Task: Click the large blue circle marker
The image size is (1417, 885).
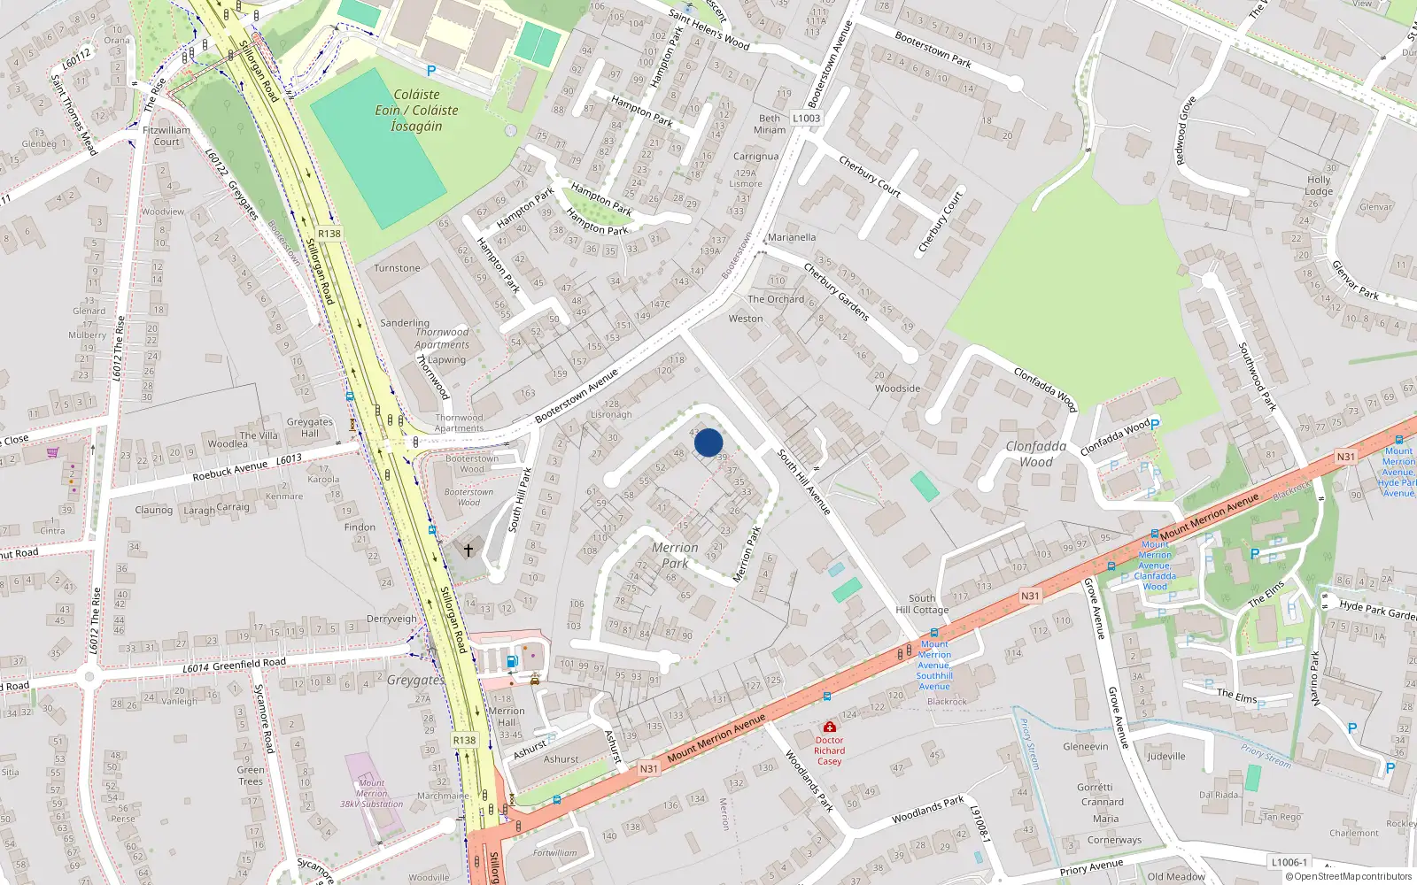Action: (708, 442)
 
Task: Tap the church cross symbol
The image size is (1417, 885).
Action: (468, 550)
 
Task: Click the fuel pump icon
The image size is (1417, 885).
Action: (512, 661)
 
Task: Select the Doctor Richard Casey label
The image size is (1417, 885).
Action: (829, 750)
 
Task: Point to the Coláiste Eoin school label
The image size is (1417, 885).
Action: (416, 110)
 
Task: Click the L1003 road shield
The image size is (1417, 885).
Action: (806, 118)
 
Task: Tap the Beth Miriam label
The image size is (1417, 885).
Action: (770, 124)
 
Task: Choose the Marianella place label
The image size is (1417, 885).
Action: (792, 237)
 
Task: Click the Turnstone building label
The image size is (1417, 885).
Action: (397, 268)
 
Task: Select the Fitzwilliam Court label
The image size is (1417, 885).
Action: (166, 135)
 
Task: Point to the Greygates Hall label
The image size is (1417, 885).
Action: (309, 427)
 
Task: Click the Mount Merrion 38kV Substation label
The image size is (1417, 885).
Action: (372, 794)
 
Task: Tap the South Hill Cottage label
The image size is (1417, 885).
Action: (922, 604)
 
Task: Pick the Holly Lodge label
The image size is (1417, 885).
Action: (1319, 185)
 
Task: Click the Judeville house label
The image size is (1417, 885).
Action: (1166, 756)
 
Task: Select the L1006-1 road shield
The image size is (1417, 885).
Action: (1289, 862)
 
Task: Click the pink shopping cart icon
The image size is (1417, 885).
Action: (53, 453)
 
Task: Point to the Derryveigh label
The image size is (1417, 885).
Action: (391, 619)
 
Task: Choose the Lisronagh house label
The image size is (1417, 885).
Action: (611, 414)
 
